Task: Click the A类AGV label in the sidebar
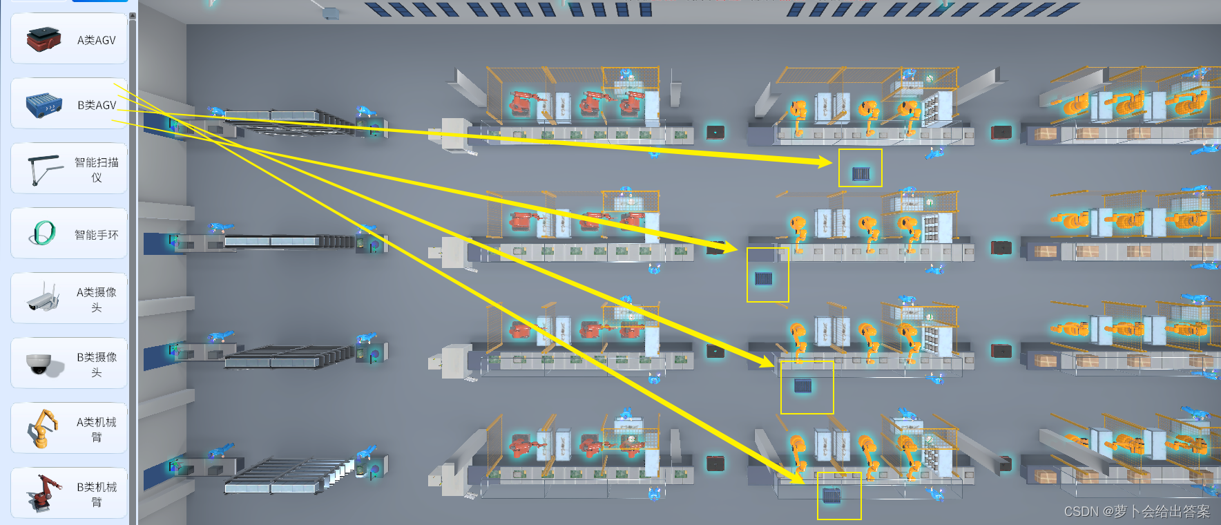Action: (x=96, y=40)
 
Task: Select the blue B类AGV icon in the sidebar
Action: (x=44, y=105)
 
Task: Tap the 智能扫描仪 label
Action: (x=96, y=170)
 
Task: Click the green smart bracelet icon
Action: (x=44, y=233)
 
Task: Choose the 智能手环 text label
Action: (x=96, y=235)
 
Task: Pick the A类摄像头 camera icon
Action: (x=43, y=298)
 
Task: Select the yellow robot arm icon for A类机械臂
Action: (x=43, y=428)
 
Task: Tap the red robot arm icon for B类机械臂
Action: (x=43, y=493)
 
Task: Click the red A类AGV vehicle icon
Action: (x=44, y=39)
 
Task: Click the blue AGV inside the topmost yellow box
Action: (x=861, y=173)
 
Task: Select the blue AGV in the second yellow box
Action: (x=763, y=278)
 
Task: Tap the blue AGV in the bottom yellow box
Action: (x=831, y=495)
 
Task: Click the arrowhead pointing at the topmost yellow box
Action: (x=826, y=162)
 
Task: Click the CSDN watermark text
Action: (x=1137, y=511)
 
